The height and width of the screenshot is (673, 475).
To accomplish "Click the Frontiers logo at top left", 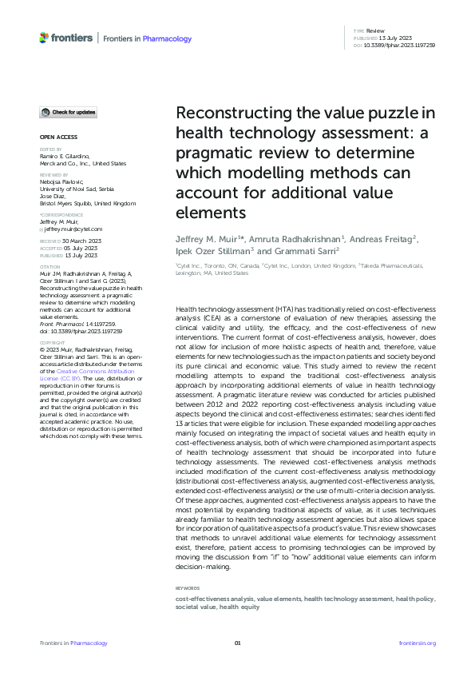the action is click(66, 38).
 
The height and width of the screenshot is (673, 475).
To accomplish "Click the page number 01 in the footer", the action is click(237, 643).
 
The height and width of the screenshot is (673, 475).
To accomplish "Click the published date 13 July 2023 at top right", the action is click(397, 37).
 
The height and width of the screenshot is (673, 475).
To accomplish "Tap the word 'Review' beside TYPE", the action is click(375, 29).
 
